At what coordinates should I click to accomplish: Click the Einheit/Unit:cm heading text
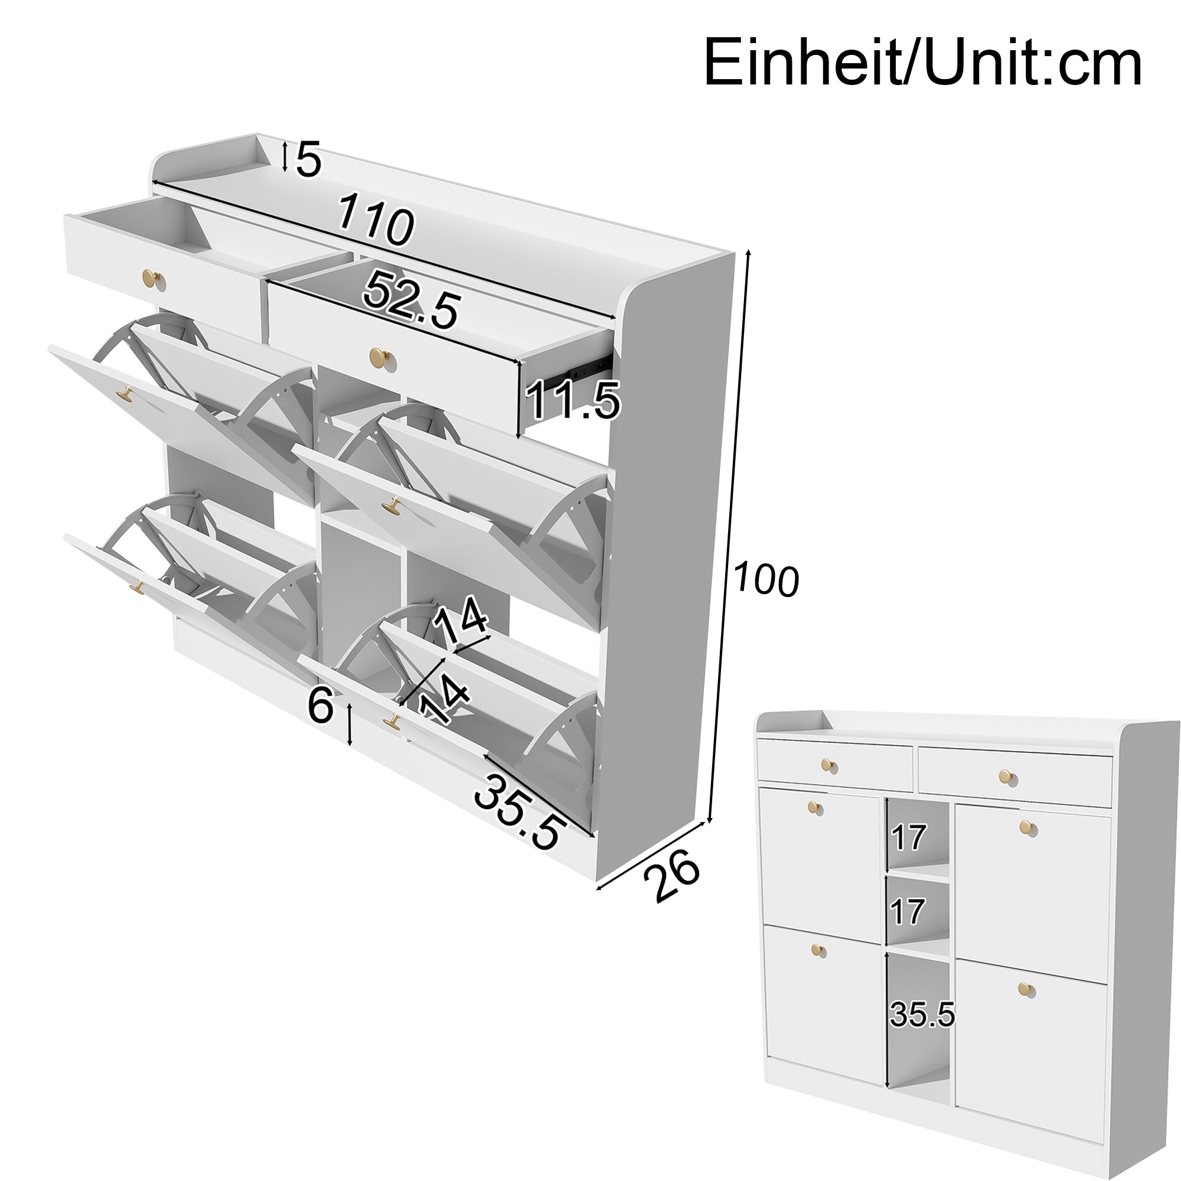tap(922, 64)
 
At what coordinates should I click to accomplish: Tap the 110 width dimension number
tap(376, 220)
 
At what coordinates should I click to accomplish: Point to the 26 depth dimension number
tap(671, 876)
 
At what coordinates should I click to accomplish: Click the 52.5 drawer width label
tap(411, 301)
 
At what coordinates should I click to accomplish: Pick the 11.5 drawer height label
tap(572, 400)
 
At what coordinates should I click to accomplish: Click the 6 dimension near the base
tap(320, 704)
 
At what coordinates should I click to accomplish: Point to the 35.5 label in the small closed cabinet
tap(922, 1014)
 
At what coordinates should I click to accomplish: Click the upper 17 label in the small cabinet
tap(908, 837)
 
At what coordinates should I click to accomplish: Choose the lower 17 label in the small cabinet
tap(907, 912)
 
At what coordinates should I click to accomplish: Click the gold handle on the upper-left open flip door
tap(126, 394)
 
